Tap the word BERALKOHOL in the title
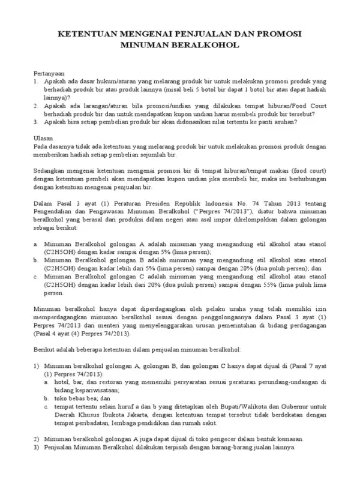click(209, 44)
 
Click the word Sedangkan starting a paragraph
click(48, 170)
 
